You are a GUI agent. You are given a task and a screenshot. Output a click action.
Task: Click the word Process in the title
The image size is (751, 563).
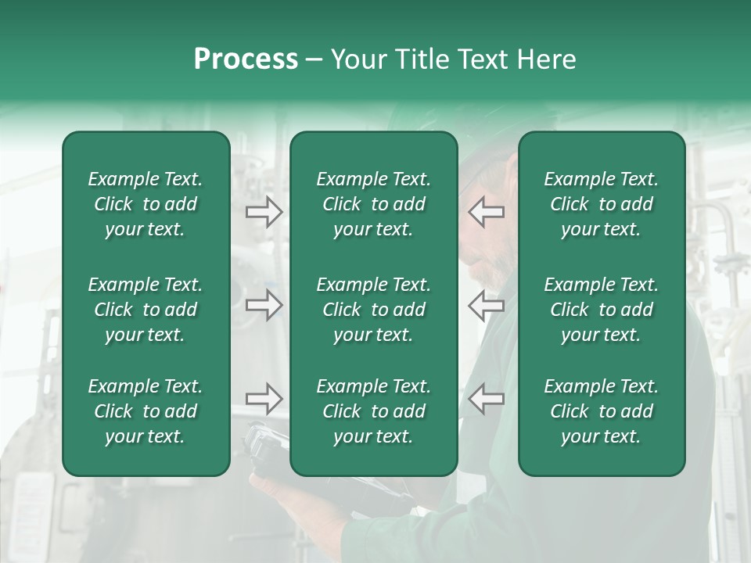(x=246, y=59)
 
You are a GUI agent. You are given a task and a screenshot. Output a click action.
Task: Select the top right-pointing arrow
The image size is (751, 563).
(x=264, y=212)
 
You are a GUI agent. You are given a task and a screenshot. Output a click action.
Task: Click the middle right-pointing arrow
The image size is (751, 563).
(x=264, y=305)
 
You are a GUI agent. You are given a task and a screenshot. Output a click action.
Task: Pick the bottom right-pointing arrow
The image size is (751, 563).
(x=264, y=399)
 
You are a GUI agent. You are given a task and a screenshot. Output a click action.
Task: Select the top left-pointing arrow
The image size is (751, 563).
(x=487, y=212)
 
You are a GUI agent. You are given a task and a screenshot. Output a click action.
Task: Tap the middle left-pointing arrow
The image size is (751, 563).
(x=487, y=305)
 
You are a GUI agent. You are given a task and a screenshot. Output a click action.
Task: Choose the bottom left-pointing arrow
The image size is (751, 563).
(x=487, y=399)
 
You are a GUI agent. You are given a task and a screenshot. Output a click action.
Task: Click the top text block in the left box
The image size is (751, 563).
(x=146, y=204)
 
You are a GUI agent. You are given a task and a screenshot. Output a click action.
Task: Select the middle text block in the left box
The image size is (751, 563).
(x=146, y=310)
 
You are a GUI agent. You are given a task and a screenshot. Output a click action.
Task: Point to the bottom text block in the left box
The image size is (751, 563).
(x=146, y=411)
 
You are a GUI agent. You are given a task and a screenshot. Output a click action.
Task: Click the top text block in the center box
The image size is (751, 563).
(x=373, y=204)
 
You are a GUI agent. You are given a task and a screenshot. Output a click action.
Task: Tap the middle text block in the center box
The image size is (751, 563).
(x=373, y=310)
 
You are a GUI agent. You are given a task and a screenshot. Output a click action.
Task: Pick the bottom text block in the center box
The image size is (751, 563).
(x=373, y=411)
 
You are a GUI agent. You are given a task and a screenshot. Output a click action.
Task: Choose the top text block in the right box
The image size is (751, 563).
(x=601, y=204)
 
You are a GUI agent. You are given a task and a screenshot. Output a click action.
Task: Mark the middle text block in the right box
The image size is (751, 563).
(x=601, y=310)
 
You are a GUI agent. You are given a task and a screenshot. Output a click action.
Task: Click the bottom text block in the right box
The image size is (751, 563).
(x=601, y=411)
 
